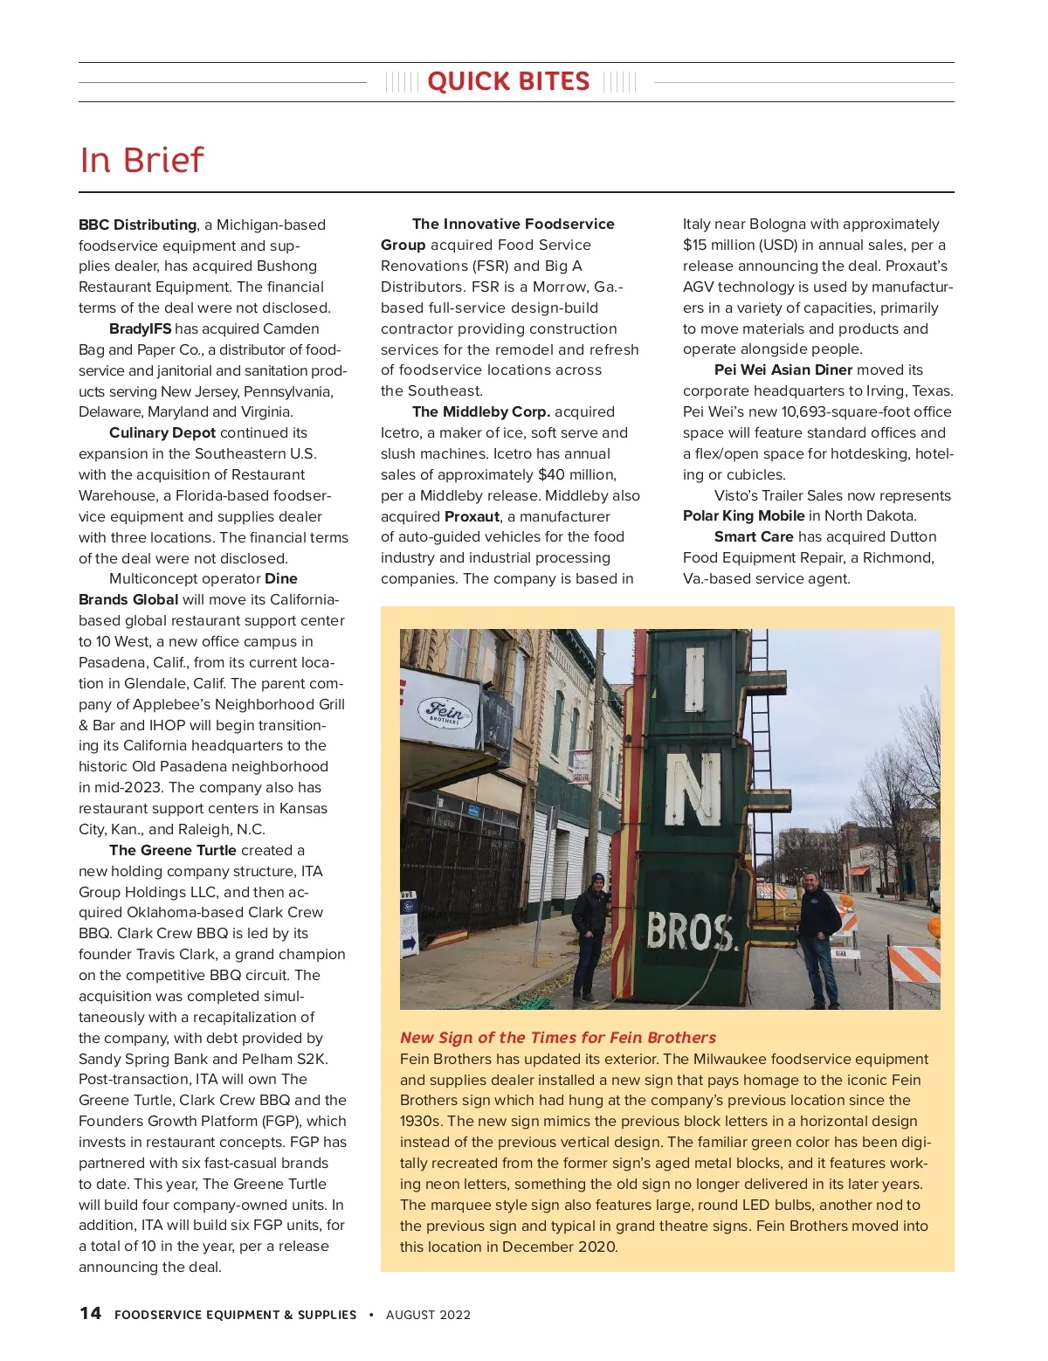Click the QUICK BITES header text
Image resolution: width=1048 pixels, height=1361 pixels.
[x=508, y=82]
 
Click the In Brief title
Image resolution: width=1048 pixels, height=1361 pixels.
[x=141, y=160]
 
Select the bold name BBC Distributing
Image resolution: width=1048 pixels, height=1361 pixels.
[x=137, y=225]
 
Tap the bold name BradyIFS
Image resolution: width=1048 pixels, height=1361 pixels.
[x=140, y=328]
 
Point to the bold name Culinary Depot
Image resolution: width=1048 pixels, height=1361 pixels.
[x=162, y=432]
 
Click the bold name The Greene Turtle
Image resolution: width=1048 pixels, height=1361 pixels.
[x=173, y=850]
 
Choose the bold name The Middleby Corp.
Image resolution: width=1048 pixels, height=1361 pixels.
[x=481, y=411]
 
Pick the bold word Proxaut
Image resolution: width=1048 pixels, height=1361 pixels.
[x=472, y=516]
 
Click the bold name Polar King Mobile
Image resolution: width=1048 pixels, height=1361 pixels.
[x=743, y=515]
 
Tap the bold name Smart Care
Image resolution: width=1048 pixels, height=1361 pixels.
[x=754, y=536]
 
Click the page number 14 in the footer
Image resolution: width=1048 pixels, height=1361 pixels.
[x=90, y=1313]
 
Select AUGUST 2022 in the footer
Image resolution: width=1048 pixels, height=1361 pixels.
[x=428, y=1315]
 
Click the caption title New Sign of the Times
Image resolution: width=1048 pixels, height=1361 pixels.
[x=557, y=1038]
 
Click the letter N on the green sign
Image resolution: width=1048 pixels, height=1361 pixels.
[x=692, y=790]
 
